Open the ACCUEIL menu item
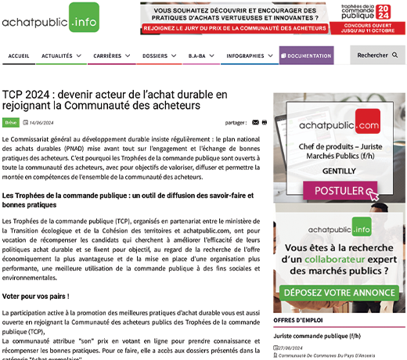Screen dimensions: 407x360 pos(18,56)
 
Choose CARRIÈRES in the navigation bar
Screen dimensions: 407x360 pos(112,56)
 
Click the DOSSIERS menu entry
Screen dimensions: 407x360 pos(160,56)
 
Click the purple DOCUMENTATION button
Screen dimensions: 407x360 pos(310,56)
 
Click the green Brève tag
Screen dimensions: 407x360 pos(11,123)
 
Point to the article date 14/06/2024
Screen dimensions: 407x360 pos(40,123)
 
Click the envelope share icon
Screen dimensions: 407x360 pos(255,123)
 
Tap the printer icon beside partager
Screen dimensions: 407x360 pos(265,123)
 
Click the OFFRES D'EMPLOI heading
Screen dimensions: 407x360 pos(298,321)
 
